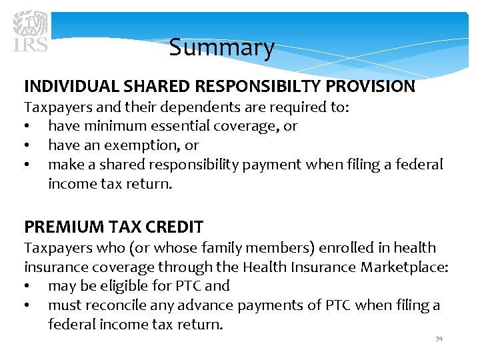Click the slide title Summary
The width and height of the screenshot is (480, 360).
pyautogui.click(x=221, y=48)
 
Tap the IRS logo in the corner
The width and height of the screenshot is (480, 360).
pyautogui.click(x=31, y=30)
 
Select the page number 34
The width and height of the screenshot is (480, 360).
pyautogui.click(x=439, y=339)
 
